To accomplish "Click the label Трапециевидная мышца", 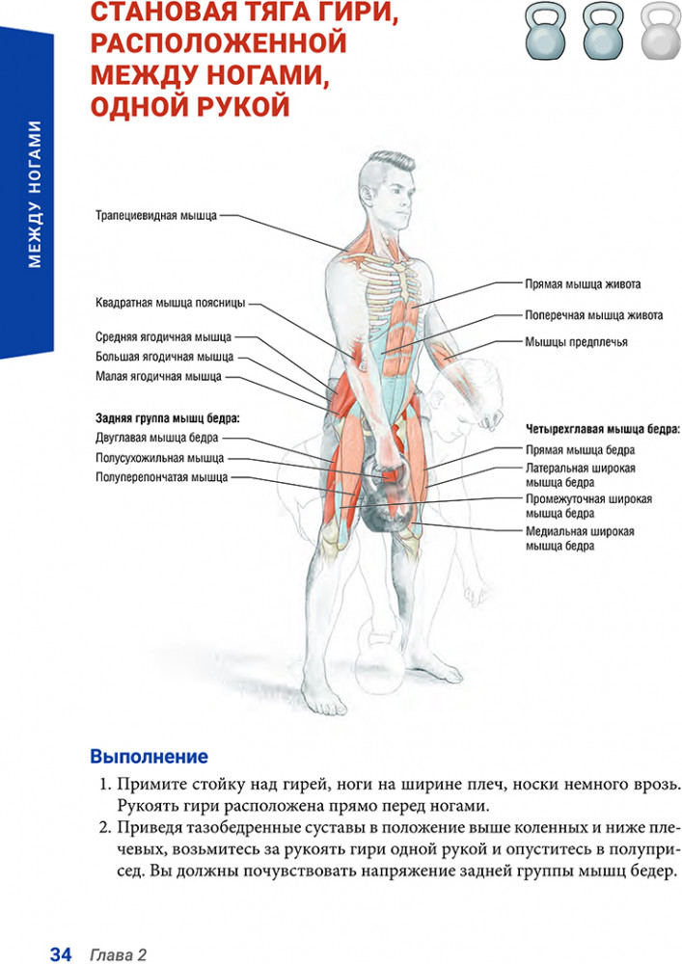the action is click(x=156, y=216).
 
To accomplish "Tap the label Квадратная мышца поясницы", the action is click(x=171, y=303).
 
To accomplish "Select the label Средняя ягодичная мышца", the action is click(x=164, y=336).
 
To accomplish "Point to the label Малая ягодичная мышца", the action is click(x=158, y=376).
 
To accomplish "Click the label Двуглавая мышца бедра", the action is click(x=157, y=438).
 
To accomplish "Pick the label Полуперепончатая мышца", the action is click(x=162, y=477).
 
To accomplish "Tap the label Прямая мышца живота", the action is click(x=583, y=284).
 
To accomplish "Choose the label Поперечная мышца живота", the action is click(x=594, y=315).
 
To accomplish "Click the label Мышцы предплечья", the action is click(x=576, y=342).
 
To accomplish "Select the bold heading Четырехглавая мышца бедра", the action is click(x=603, y=429).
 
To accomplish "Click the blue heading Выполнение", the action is click(x=150, y=756).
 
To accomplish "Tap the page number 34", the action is click(x=61, y=954).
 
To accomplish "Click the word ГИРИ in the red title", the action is click(x=355, y=13).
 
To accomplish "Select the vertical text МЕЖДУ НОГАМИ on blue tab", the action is click(x=35, y=195).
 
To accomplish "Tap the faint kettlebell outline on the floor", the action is click(x=379, y=656).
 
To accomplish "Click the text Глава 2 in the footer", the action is click(x=118, y=954).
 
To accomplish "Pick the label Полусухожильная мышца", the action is click(x=160, y=458).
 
